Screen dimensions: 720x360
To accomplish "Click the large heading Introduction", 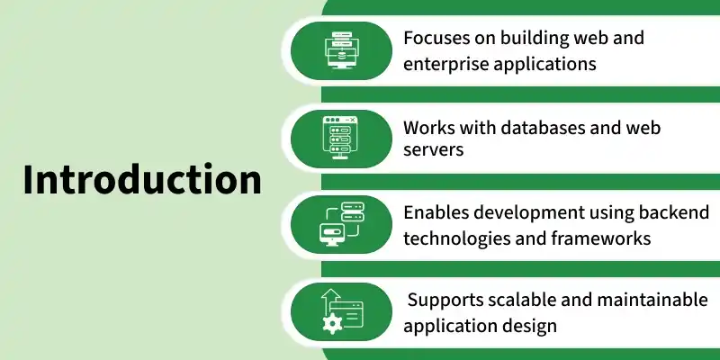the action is point(142,179).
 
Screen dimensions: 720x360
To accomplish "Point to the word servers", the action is point(434,149).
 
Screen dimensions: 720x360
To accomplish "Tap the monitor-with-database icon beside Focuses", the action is point(342,50).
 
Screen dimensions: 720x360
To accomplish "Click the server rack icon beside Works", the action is point(340,138).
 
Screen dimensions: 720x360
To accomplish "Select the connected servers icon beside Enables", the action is point(341,224).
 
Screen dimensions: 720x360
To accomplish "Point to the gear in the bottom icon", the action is point(332,323).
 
